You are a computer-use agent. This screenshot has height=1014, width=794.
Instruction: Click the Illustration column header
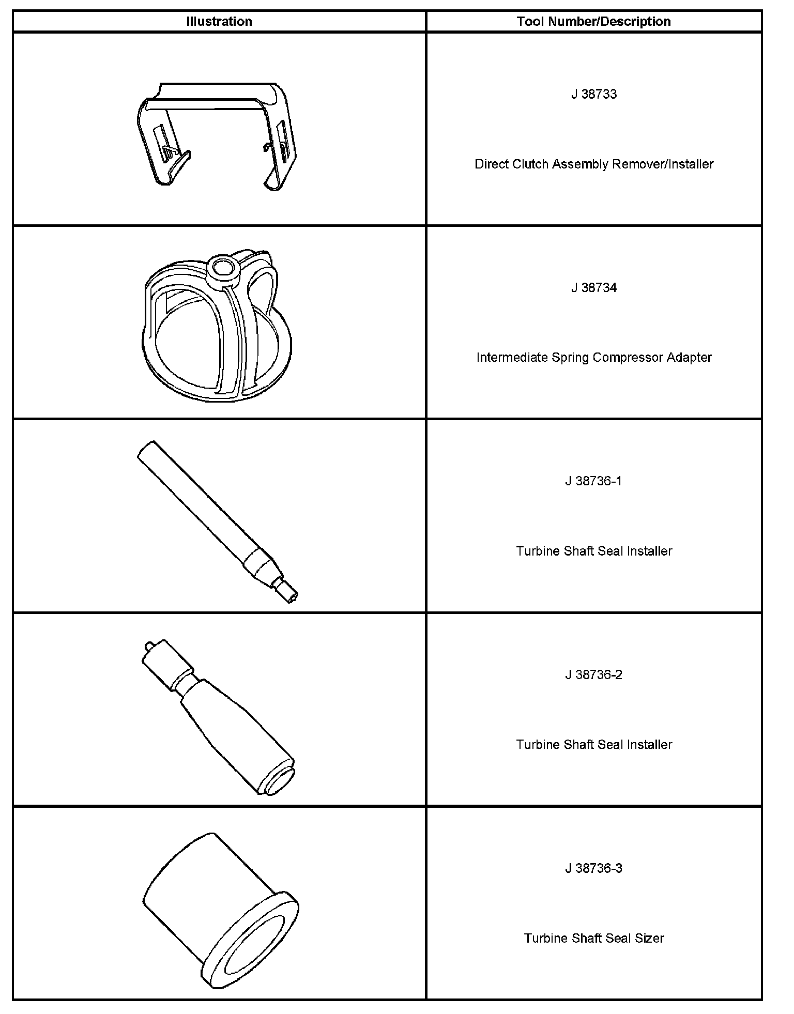click(x=219, y=21)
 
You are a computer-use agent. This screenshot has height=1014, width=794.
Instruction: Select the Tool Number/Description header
click(x=593, y=21)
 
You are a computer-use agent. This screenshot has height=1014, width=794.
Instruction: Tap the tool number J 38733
click(x=593, y=94)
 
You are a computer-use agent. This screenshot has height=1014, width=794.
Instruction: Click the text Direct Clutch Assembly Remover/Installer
click(x=593, y=164)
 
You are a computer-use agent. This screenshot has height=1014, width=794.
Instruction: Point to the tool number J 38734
click(x=593, y=287)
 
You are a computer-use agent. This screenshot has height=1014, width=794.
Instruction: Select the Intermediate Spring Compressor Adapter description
click(x=593, y=357)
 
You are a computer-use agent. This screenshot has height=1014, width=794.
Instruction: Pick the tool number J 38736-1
click(x=593, y=481)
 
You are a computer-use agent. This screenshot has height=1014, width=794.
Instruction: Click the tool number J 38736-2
click(x=593, y=674)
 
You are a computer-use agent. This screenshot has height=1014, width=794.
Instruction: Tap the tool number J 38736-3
click(x=593, y=868)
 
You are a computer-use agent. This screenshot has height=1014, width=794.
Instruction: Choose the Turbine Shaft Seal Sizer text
click(x=593, y=938)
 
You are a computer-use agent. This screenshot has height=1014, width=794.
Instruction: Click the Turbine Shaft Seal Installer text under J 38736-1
click(x=593, y=551)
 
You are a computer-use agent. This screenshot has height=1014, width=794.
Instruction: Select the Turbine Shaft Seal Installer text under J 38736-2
click(x=593, y=744)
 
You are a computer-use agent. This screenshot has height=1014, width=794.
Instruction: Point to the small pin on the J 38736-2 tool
click(x=148, y=645)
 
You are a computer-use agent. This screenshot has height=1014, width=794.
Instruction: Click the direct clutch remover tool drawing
click(x=215, y=134)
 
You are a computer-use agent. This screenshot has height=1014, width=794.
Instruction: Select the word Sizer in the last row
click(x=649, y=938)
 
